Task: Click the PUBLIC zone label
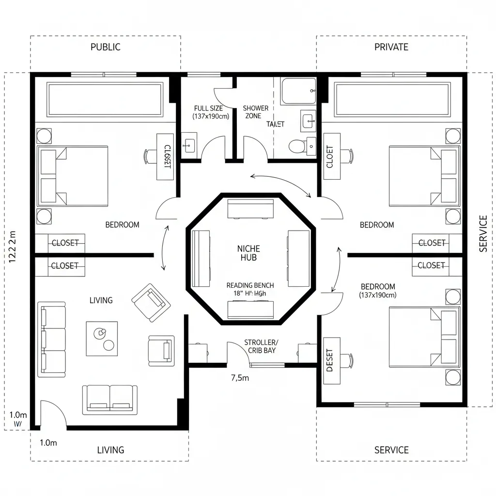105,47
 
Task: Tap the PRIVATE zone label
391,47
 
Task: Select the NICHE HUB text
248,253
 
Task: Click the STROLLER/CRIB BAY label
261,346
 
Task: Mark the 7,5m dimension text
240,378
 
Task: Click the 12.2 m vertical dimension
13,247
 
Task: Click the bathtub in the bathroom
298,91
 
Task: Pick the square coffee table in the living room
102,339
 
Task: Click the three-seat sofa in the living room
52,339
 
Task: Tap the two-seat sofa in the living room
109,400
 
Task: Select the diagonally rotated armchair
152,302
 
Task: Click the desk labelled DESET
330,360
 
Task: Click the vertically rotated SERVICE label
482,233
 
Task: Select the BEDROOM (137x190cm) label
378,291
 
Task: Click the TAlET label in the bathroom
275,124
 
